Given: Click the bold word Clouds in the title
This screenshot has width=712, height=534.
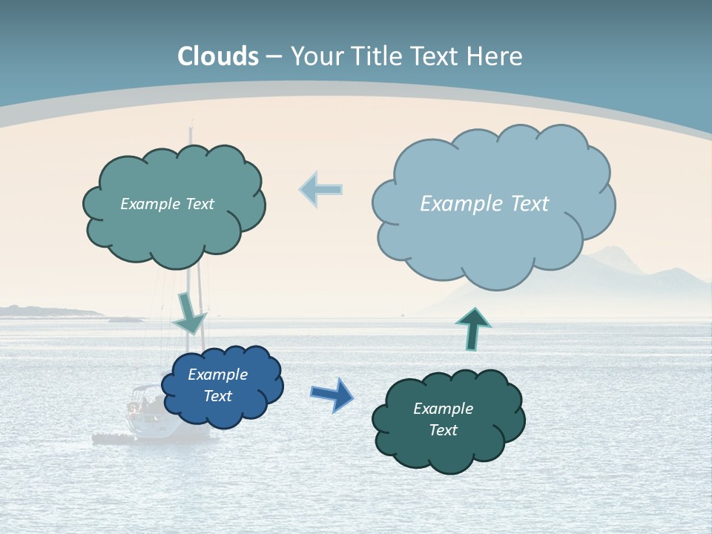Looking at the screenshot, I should coord(218,56).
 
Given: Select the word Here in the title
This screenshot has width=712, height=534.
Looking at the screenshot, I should coord(496,56).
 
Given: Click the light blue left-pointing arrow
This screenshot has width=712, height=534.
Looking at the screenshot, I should coord(321,189).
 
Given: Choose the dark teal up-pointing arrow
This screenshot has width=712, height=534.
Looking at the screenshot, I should coord(472,329).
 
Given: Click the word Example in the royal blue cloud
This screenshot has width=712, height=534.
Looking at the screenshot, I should coord(217,375).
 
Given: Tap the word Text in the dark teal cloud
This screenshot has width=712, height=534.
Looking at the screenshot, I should coord(443,430).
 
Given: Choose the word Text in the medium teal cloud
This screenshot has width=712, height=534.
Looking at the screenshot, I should coord(198,204).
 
